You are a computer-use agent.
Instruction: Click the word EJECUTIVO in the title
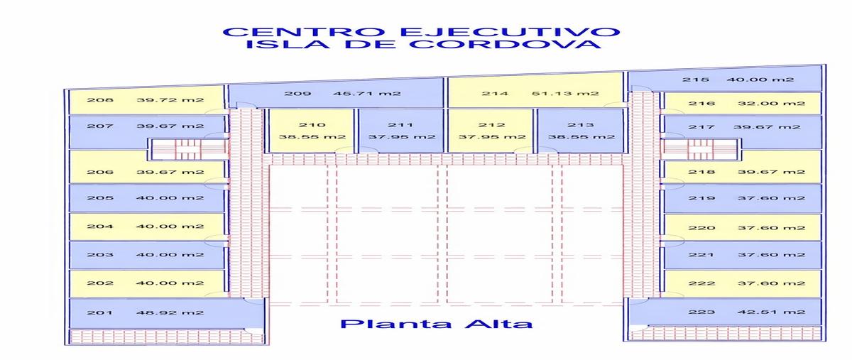(x=510, y=31)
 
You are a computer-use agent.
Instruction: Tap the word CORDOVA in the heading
(x=505, y=44)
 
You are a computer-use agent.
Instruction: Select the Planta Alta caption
(x=436, y=324)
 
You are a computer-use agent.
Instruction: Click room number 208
(x=100, y=100)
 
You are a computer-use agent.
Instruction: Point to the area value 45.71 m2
(x=367, y=94)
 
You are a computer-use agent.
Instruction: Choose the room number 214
(x=495, y=93)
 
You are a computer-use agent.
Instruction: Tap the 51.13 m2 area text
(x=565, y=93)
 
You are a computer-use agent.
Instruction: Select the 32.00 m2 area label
(x=771, y=104)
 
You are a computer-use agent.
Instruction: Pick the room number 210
(x=312, y=125)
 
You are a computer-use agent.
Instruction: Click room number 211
(x=401, y=125)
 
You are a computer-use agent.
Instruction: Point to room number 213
(x=581, y=125)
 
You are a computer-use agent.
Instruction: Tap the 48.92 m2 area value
(x=170, y=313)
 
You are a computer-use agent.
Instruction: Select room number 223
(x=701, y=312)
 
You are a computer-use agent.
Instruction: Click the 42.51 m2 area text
(x=771, y=312)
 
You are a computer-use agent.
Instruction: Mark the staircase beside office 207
(x=188, y=149)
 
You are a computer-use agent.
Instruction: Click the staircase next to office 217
(x=701, y=149)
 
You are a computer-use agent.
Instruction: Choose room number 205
(x=100, y=198)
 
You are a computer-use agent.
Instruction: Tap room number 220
(x=701, y=228)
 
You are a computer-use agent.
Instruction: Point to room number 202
(x=100, y=283)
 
